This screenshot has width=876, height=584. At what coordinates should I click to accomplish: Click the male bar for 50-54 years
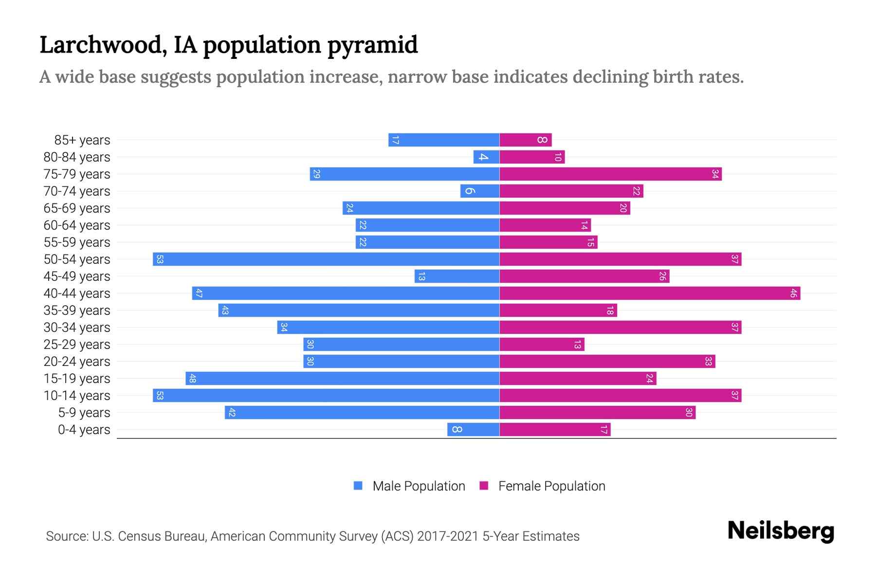click(x=326, y=259)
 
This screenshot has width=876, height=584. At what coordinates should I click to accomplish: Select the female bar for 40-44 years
click(x=650, y=293)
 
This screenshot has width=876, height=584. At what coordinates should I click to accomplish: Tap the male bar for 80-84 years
click(x=486, y=157)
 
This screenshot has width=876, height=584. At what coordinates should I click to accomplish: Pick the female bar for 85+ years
click(x=526, y=140)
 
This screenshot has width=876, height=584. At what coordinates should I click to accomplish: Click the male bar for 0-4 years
click(x=473, y=430)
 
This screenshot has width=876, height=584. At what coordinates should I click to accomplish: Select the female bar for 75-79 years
click(x=610, y=174)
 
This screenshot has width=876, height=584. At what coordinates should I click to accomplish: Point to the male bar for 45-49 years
click(x=456, y=276)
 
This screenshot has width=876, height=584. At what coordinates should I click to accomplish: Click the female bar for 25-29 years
click(x=542, y=345)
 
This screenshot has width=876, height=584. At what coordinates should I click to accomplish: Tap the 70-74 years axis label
click(x=77, y=191)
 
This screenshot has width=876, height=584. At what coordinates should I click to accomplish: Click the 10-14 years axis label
click(x=77, y=396)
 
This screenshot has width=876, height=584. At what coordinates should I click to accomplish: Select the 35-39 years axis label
click(x=77, y=310)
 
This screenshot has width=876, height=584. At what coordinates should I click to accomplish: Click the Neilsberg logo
click(x=781, y=531)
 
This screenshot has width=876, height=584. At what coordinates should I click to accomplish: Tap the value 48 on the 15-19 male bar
click(x=192, y=379)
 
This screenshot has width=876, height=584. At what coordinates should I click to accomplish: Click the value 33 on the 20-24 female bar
click(x=708, y=362)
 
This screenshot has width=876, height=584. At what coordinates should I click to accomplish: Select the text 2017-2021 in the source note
click(x=448, y=536)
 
